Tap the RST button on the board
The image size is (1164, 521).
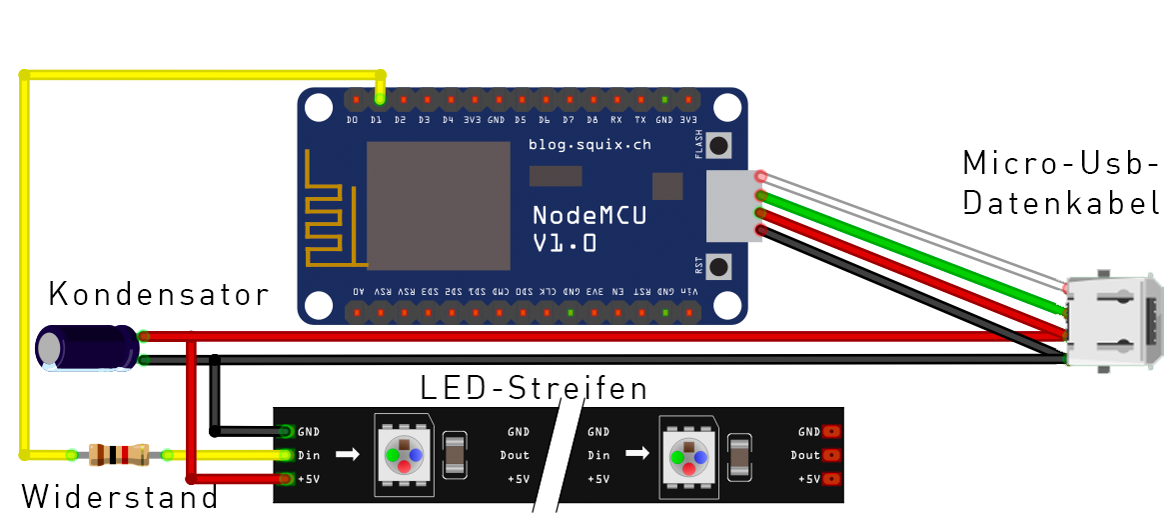point(718,267)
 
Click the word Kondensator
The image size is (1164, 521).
point(159,295)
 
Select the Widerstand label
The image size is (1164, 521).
point(119,496)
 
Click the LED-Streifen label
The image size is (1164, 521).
point(534,387)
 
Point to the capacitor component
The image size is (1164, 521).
point(87,348)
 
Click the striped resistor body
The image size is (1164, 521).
point(119,455)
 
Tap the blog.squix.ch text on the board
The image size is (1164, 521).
point(589,145)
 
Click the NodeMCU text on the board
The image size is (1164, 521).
point(588,215)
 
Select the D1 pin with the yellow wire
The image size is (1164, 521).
point(377,100)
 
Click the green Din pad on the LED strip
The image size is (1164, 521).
point(287,455)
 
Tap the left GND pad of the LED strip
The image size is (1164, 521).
point(287,432)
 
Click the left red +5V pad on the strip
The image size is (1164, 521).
point(287,479)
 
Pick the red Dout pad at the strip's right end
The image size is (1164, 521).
point(830,455)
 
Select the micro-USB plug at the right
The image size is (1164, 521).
point(1115,322)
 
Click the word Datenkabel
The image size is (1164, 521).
point(1060,204)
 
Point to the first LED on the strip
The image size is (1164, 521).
point(404,455)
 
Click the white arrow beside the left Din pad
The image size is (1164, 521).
point(346,455)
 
